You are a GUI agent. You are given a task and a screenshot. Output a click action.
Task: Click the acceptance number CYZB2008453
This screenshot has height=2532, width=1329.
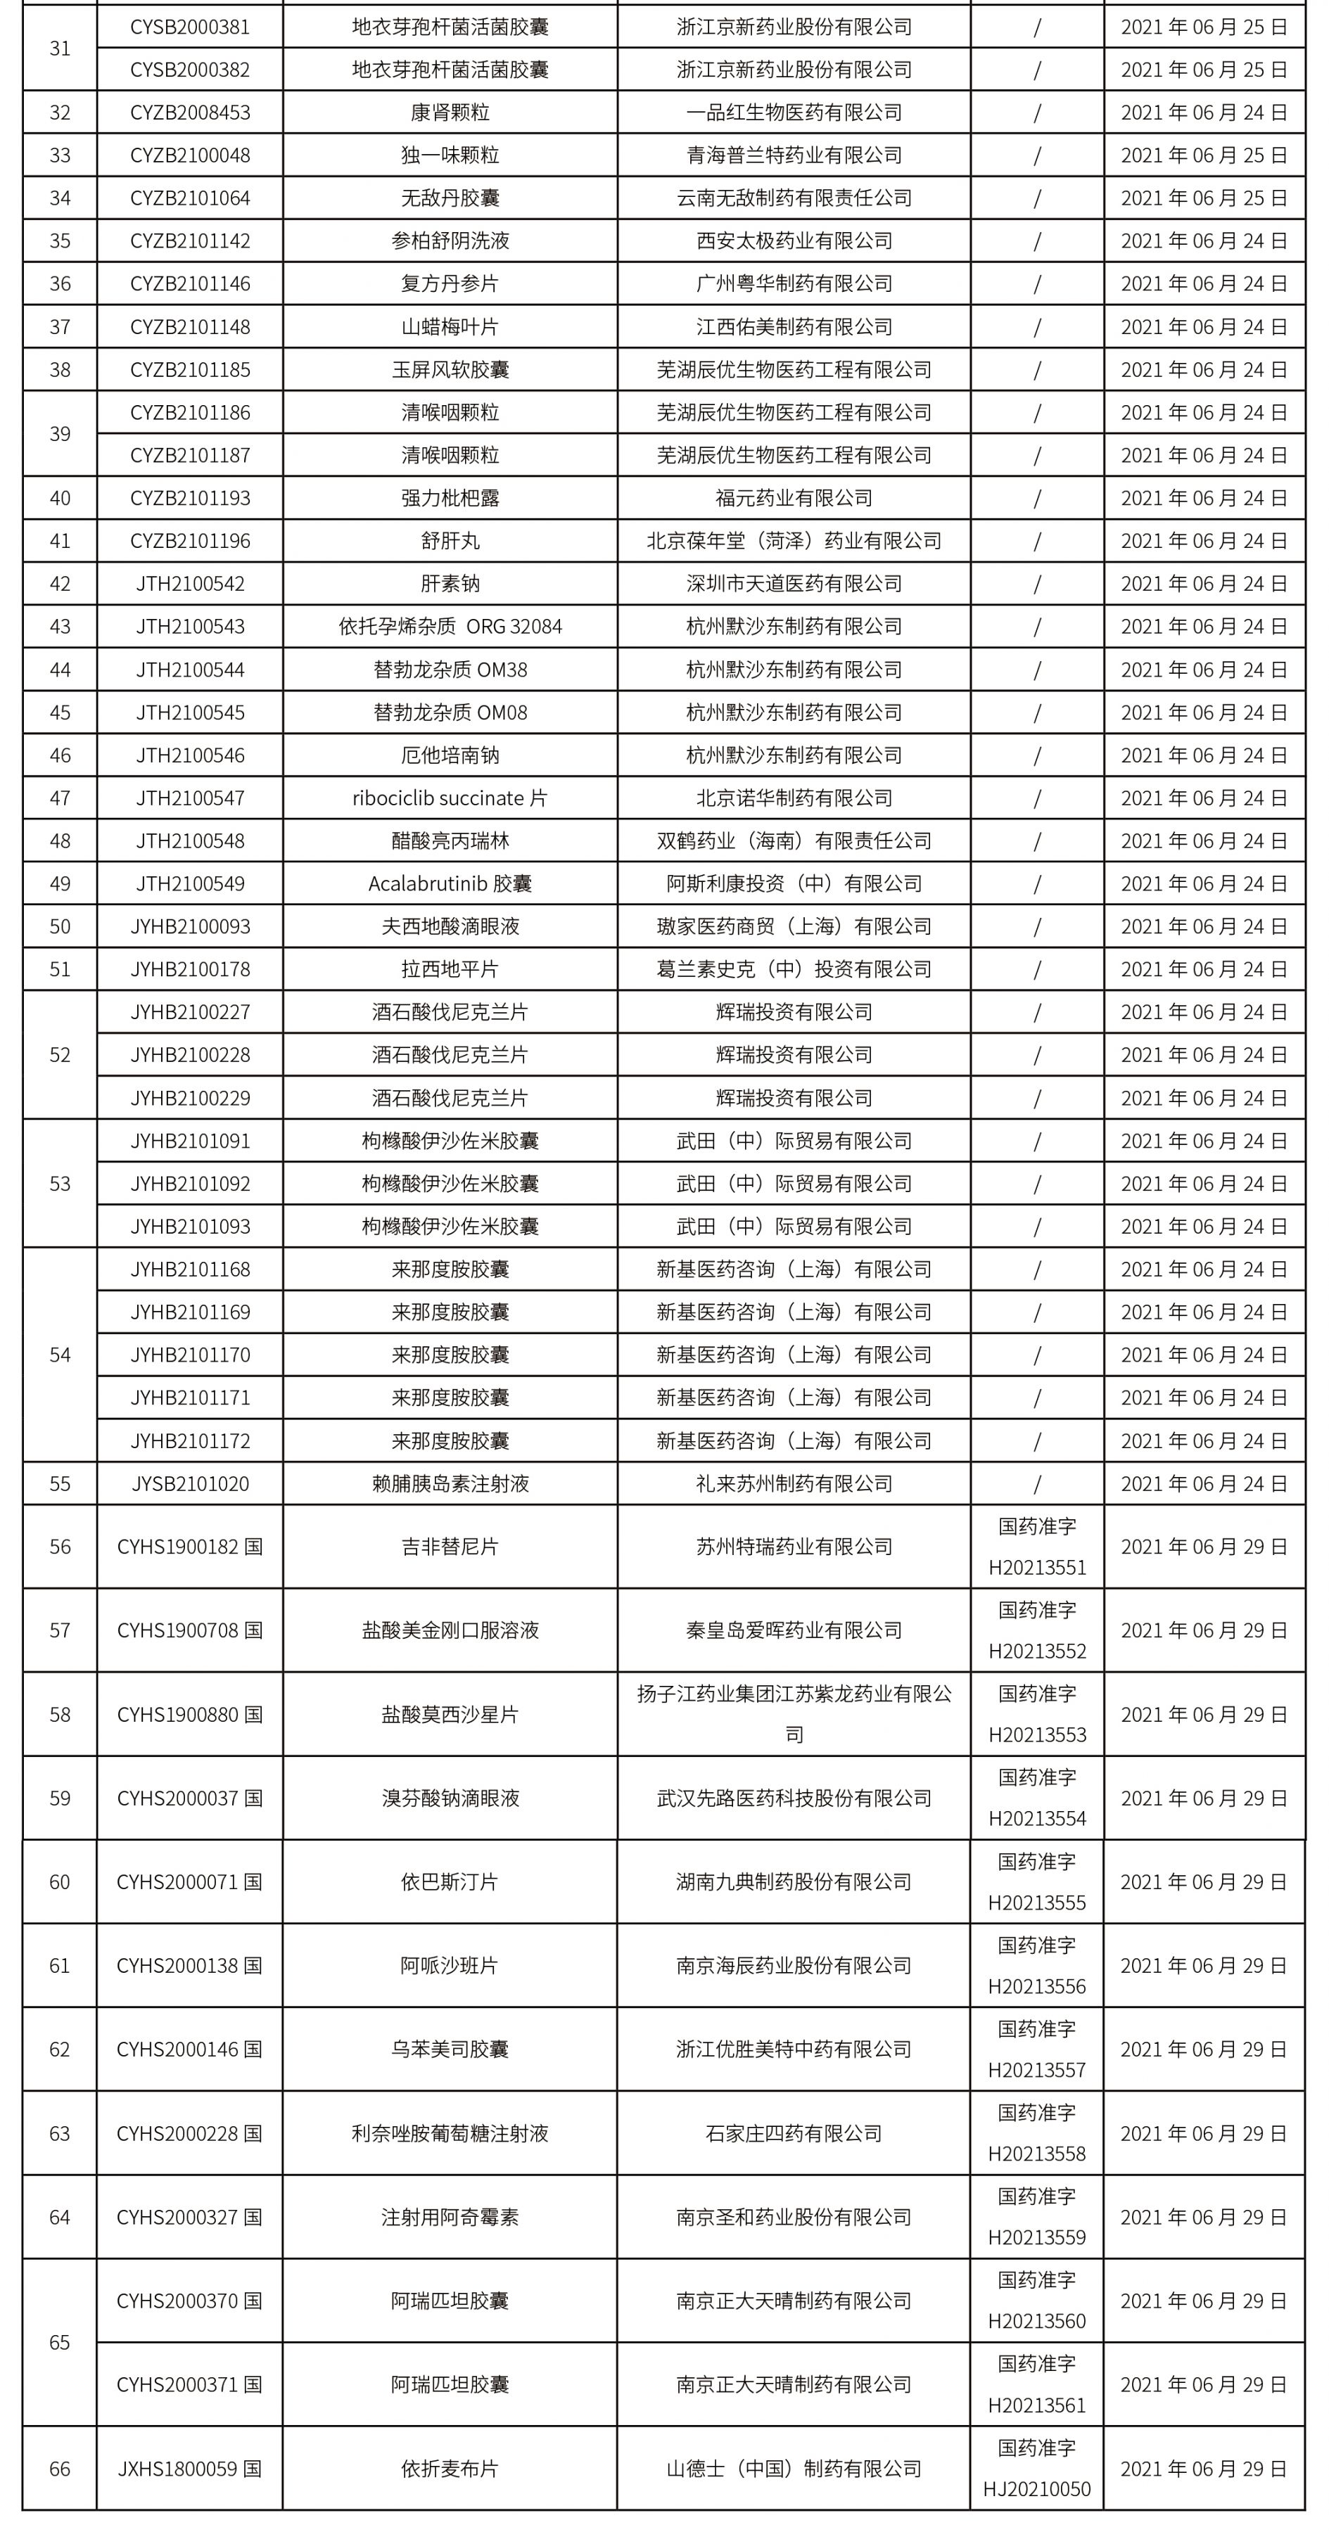[x=190, y=112]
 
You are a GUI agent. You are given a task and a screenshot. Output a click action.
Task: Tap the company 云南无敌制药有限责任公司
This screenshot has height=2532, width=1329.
[x=794, y=198]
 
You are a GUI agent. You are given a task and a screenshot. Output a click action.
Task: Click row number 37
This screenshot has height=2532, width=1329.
[x=60, y=326]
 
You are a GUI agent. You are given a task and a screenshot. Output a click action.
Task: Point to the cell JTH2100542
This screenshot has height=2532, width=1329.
[x=190, y=584]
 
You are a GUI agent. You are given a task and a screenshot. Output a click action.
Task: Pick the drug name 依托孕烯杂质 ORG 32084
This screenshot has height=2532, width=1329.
[x=450, y=626]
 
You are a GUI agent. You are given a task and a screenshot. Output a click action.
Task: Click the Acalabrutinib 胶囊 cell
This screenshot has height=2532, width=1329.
[x=450, y=883]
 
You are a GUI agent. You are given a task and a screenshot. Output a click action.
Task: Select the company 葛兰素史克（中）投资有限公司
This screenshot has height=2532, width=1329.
[x=794, y=969]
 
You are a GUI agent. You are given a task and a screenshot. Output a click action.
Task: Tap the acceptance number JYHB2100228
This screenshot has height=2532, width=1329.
[x=190, y=1055]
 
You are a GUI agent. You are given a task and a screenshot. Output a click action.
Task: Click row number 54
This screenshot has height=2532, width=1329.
[x=60, y=1355]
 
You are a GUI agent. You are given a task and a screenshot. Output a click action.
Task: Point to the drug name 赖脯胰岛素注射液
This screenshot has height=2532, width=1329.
[x=450, y=1483]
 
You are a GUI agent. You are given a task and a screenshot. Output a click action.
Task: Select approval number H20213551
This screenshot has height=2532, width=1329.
[x=1037, y=1567]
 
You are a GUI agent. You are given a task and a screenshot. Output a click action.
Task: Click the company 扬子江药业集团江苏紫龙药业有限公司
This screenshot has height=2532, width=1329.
[x=794, y=1714]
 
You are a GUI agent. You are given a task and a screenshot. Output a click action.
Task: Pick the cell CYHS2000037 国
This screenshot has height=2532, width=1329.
[x=190, y=1798]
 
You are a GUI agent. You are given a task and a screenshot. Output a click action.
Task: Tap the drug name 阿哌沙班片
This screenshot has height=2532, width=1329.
[x=450, y=1966]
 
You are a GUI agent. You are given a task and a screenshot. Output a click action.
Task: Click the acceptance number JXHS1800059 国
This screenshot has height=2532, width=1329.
[x=190, y=2468]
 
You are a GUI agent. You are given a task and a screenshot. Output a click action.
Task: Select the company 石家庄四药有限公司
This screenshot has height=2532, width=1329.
[x=794, y=2134]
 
